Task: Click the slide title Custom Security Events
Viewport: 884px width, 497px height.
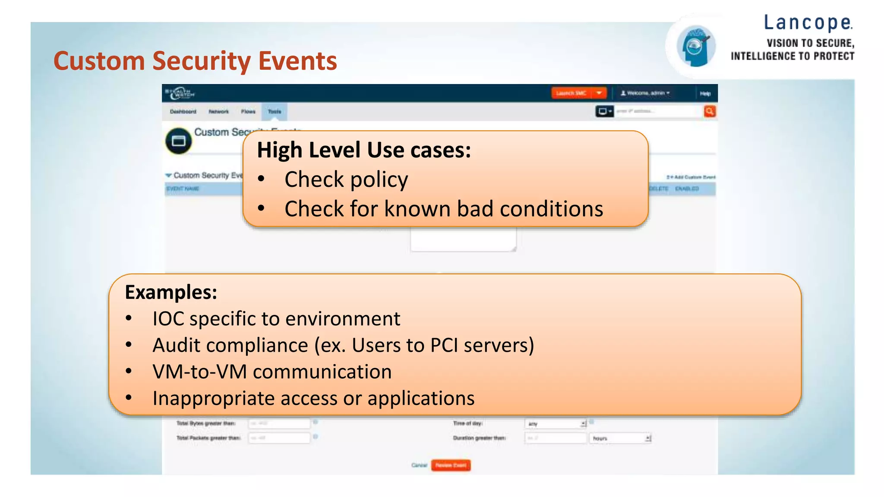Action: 195,61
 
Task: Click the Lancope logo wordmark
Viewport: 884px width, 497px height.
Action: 808,23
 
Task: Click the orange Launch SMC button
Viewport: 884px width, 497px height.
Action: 571,93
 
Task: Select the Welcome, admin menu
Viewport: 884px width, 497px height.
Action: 645,93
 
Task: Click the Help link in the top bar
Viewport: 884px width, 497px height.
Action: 705,94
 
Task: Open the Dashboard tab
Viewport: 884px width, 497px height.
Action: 183,112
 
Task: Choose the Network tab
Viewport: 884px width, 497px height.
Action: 218,112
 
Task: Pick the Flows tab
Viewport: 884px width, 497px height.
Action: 248,112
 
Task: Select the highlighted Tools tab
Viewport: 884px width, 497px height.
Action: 275,112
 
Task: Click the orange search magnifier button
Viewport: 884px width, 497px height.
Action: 709,111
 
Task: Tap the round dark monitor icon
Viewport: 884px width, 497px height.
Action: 178,141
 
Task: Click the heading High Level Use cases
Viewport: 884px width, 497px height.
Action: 363,150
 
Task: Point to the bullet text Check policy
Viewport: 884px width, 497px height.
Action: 346,179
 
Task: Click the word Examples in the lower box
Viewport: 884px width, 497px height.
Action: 171,292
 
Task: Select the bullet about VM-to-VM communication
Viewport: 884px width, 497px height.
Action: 272,372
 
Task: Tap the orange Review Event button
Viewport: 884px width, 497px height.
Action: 451,465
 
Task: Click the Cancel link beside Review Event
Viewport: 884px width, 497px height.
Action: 419,465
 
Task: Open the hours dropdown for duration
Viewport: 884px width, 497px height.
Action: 620,438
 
